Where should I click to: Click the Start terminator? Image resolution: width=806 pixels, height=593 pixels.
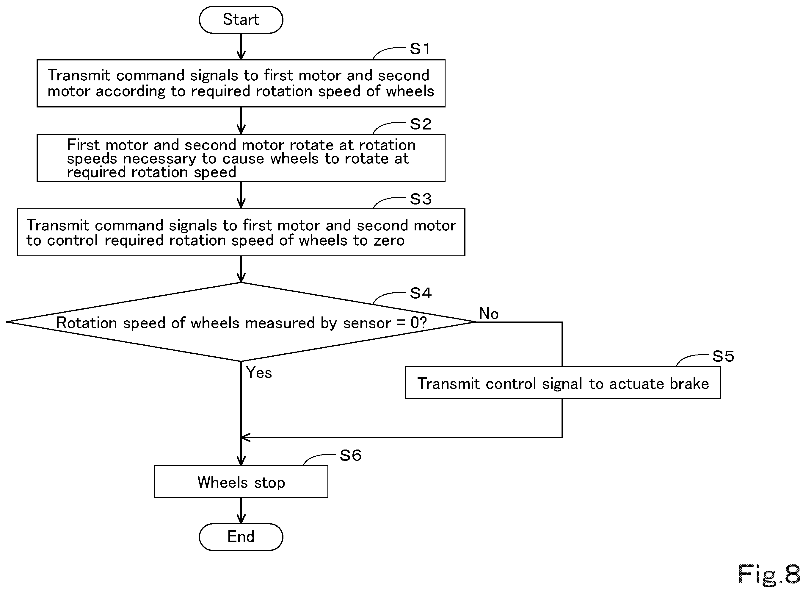point(241,20)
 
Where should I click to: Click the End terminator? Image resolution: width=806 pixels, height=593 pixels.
point(241,537)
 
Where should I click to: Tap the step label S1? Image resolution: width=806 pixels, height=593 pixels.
point(420,49)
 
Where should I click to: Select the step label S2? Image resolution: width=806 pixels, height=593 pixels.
point(421,124)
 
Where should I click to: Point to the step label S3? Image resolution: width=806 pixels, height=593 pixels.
point(421,199)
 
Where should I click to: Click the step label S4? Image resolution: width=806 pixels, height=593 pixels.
point(421,293)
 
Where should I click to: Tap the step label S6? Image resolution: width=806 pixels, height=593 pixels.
point(350,455)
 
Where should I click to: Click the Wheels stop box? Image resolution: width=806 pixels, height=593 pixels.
point(241,482)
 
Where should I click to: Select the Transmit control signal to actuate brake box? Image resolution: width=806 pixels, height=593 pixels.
point(563,383)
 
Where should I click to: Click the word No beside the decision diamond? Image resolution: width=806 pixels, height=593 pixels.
point(489,313)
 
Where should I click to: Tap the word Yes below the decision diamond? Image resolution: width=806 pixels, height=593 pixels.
point(259,373)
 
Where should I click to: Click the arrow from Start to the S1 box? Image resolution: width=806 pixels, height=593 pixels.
point(241,47)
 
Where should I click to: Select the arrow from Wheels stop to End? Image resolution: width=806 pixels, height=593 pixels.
point(241,511)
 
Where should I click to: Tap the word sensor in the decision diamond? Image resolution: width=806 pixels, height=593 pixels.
point(367,323)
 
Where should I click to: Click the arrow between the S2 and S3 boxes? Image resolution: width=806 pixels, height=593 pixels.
point(241,195)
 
